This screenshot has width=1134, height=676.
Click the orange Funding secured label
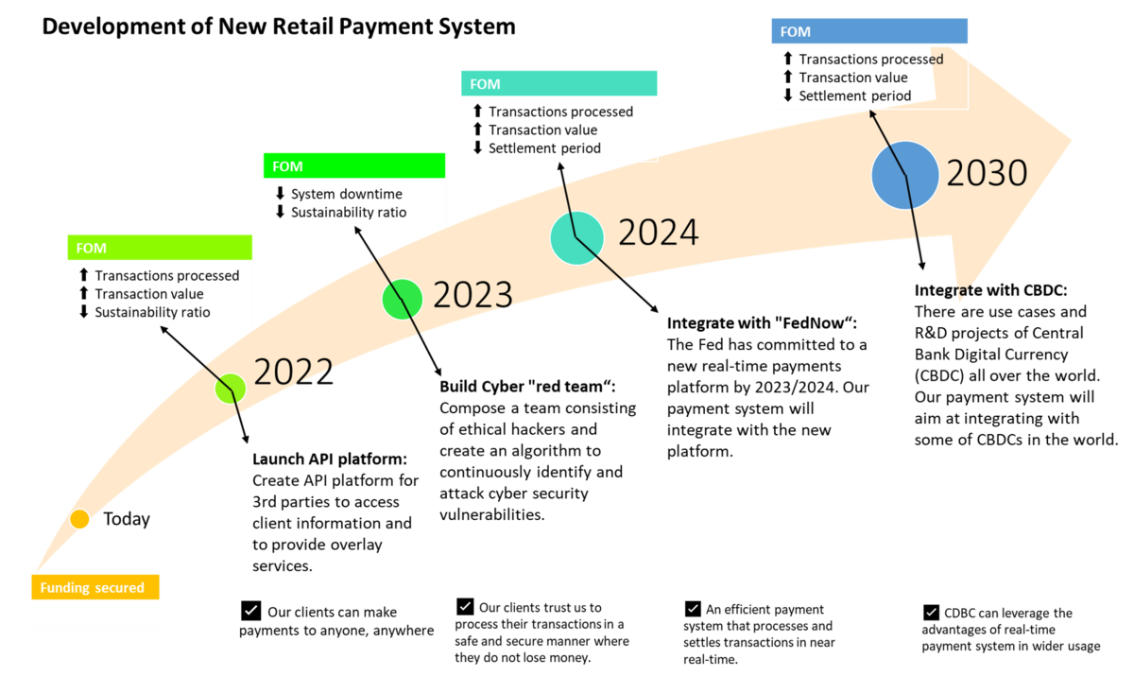pyautogui.click(x=94, y=587)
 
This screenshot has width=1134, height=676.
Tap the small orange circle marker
pyautogui.click(x=79, y=519)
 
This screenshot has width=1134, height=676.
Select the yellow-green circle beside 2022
pyautogui.click(x=230, y=388)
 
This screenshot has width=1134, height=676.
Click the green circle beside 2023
pyautogui.click(x=402, y=299)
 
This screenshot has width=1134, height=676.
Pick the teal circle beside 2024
pyautogui.click(x=576, y=237)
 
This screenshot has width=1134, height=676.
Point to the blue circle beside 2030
pyautogui.click(x=904, y=175)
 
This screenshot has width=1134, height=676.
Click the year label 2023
pyautogui.click(x=472, y=295)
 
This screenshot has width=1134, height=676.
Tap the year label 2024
pyautogui.click(x=658, y=233)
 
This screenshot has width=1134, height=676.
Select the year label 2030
pyautogui.click(x=986, y=173)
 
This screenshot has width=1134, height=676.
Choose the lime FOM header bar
pyautogui.click(x=160, y=248)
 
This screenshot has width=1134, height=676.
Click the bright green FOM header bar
pyautogui.click(x=354, y=166)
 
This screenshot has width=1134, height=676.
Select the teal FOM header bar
pyautogui.click(x=558, y=84)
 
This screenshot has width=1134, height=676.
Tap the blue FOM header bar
pyautogui.click(x=869, y=31)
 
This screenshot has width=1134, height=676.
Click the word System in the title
pyautogui.click(x=481, y=26)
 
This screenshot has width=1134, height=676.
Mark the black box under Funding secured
pyautogui.click(x=95, y=616)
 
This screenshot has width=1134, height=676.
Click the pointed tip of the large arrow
pyautogui.click(x=1071, y=142)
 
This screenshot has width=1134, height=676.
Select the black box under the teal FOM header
pyautogui.click(x=558, y=130)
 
